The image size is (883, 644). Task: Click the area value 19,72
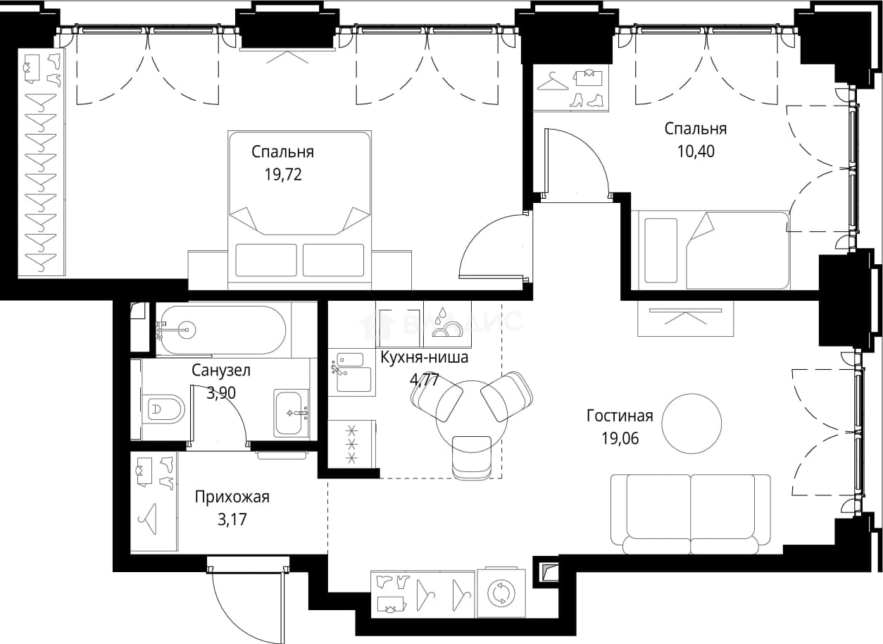pos(283,174)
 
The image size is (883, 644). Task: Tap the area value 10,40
pos(696,151)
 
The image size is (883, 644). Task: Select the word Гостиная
pos(620,416)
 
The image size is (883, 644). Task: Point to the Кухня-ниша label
pos(424,357)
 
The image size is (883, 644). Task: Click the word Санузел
pos(221,371)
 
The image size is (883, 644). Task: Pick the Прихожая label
pos(232,497)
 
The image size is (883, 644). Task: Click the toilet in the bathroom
pos(163,409)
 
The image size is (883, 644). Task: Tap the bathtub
pos(221,330)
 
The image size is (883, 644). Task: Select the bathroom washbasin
pos(292,413)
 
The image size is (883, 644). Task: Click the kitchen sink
pos(351,372)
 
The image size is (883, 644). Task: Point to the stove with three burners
pos(351,444)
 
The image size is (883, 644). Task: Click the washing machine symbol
pos(501,593)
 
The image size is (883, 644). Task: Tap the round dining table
pos(472,416)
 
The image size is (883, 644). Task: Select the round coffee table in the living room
pos(691,423)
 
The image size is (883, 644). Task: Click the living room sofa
pos(691,514)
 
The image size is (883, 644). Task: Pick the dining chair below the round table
pos(472,457)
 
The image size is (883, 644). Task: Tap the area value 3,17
pos(232,520)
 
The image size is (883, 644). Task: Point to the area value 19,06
pos(620,438)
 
